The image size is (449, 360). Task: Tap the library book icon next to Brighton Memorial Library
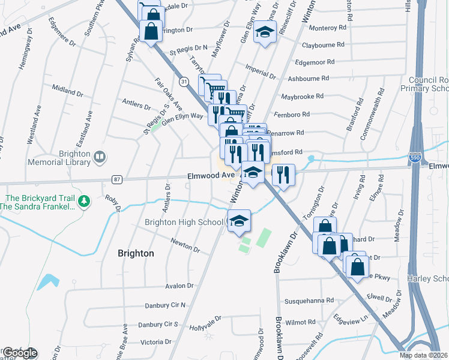pos(100,157)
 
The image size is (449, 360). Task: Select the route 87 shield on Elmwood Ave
pos(116,179)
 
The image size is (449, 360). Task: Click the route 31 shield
pos(184,80)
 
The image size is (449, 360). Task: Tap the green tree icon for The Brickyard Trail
pos(85,200)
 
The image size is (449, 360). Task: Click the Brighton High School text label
pos(184,222)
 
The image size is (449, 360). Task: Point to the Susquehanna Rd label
pos(309,299)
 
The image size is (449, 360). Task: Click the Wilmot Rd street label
pos(300,322)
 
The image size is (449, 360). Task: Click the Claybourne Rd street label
pos(324,44)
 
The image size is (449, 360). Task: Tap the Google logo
pos(19,353)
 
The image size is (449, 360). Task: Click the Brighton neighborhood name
pos(136,253)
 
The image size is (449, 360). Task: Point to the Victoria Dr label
pos(155,342)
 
